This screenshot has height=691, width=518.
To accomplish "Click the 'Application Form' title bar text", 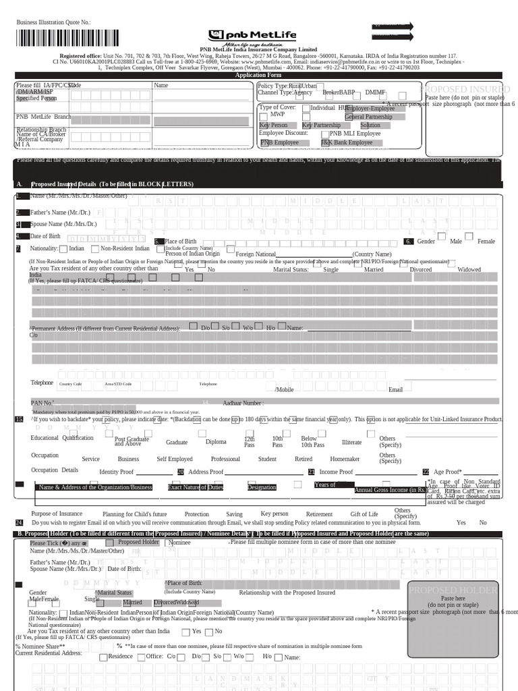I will coord(258,76).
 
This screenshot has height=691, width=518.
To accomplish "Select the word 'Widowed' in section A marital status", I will coord(469,269).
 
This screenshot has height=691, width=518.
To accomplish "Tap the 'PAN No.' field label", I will coord(42,403).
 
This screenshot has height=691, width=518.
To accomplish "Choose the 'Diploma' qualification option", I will coord(216,442).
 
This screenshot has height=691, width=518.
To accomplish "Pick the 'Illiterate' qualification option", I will coord(351,442).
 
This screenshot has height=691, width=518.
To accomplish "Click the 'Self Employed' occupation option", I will coord(175,459).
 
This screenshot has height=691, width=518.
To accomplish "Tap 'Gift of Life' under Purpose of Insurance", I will coord(364,514).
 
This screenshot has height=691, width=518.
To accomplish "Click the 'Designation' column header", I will coord(262,487).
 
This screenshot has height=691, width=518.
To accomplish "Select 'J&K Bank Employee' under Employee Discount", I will coord(346,142).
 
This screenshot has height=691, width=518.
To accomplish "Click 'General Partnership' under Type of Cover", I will coord(368,117).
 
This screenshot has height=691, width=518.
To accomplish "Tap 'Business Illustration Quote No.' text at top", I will coord(53,23).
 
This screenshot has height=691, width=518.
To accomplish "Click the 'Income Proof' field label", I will coord(336,472).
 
